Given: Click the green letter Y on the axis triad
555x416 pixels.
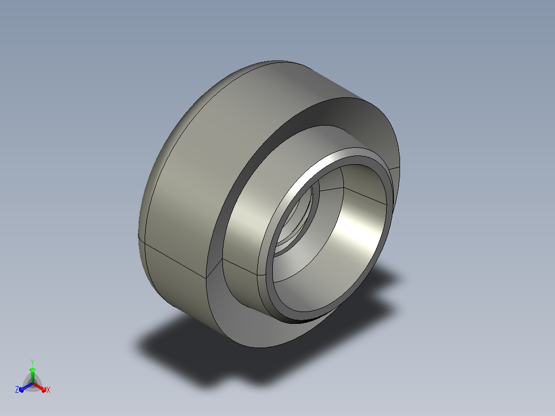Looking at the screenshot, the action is pos(32,362).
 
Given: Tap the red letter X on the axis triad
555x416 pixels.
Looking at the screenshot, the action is pos(48,390).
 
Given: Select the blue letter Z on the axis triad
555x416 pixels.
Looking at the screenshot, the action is pos(17,390).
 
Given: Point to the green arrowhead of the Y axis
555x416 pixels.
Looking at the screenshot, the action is pos(32,370).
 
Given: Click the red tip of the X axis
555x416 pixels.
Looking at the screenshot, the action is pos(44,390).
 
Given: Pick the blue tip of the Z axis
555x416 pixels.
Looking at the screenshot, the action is pos(22,390).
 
